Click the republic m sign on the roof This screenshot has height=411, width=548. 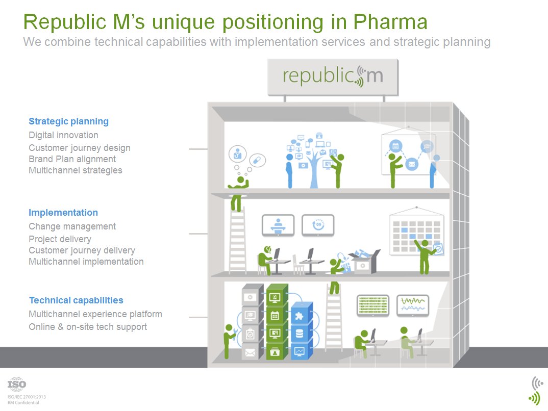pyautogui.click(x=333, y=76)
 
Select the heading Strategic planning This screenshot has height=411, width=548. pyautogui.click(x=68, y=121)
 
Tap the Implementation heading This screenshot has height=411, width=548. pyautogui.click(x=63, y=213)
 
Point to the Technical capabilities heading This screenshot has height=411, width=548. pyautogui.click(x=76, y=300)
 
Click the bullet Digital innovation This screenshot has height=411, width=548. pyautogui.click(x=63, y=135)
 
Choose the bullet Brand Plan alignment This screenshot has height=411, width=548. pyautogui.click(x=72, y=159)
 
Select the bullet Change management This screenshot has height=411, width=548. pyautogui.click(x=72, y=226)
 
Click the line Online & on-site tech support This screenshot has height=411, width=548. pyautogui.click(x=88, y=327)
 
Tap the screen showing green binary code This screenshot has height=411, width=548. pyautogui.click(x=372, y=305)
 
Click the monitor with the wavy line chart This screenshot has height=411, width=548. pyautogui.click(x=413, y=305)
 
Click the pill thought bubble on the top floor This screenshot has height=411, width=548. pyautogui.click(x=258, y=160)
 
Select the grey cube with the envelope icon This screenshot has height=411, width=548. pyautogui.click(x=251, y=352)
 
